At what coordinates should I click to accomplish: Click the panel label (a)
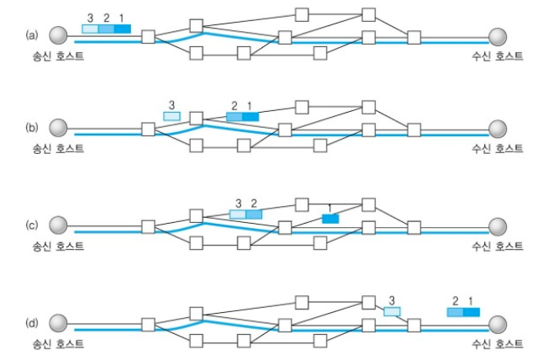tap(32, 34)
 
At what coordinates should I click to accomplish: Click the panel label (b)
tap(32, 129)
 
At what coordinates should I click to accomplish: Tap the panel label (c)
tap(32, 225)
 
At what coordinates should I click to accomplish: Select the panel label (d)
tap(32, 323)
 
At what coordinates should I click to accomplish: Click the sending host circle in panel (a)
tap(58, 34)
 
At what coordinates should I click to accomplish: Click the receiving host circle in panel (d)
tap(498, 324)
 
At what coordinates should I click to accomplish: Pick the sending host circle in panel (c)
tap(58, 225)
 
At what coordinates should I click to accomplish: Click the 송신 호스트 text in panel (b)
tap(58, 149)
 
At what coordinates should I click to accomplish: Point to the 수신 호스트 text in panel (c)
tap(497, 246)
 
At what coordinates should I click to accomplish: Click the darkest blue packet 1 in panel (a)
tap(123, 29)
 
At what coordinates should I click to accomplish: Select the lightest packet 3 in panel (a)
tap(90, 29)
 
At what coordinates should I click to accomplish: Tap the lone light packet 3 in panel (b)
tap(171, 115)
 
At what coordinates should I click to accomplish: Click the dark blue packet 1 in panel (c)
tap(330, 219)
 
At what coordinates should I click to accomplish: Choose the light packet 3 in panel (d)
tap(393, 311)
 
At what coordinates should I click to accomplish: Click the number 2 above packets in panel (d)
tap(455, 300)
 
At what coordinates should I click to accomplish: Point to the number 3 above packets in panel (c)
tap(239, 203)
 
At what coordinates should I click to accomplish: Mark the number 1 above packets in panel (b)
tap(250, 105)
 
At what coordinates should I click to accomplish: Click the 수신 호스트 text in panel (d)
tap(497, 343)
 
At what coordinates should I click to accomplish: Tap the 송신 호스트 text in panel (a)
tap(58, 55)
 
